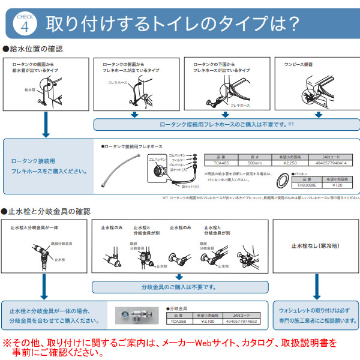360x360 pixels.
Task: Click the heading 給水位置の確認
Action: tap(35, 49)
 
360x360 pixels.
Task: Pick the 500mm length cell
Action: tap(253, 162)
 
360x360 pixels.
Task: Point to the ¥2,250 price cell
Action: tap(289, 162)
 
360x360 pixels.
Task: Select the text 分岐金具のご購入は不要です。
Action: tap(179, 286)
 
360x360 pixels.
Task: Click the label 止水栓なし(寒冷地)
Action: tap(311, 247)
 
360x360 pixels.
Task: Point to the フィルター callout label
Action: tap(177, 160)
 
